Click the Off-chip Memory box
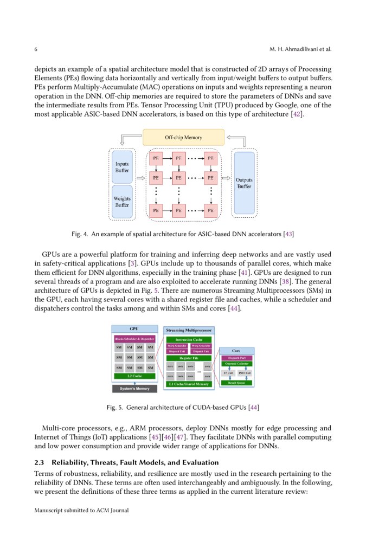183,137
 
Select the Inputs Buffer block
122,167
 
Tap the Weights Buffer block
122,202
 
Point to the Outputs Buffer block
244,183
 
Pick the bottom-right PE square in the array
210,210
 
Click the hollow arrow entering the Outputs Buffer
227,177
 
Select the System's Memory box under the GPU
134,388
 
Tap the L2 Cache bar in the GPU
134,376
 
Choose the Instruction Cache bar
189,339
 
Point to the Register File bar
189,358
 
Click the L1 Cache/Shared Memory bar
189,384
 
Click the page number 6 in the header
36,49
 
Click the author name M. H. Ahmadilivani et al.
300,49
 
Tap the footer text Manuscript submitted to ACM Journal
81,510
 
